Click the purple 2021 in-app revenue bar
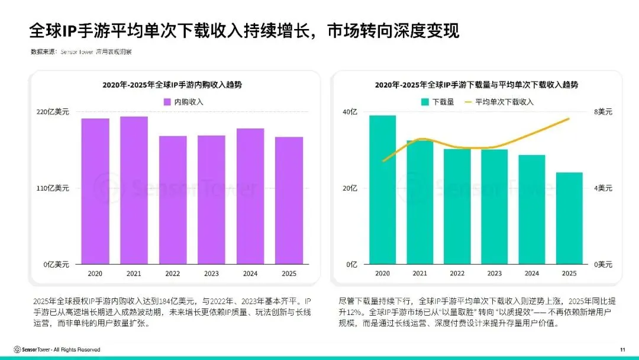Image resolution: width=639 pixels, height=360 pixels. (134, 190)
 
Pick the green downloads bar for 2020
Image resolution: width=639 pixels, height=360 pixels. (382, 189)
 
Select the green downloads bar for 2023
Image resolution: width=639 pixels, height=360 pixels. (494, 207)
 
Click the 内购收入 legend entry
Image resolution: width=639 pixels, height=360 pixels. (183, 102)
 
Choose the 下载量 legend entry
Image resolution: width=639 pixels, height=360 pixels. (437, 102)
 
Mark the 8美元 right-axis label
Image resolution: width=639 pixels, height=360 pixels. (603, 112)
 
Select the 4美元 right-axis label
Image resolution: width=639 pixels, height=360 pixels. (603, 188)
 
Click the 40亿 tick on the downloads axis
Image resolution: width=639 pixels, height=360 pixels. (351, 112)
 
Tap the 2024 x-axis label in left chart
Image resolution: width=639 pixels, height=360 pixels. (250, 274)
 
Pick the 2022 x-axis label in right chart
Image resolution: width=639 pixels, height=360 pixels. (457, 274)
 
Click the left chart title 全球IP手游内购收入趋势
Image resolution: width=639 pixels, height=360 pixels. (172, 85)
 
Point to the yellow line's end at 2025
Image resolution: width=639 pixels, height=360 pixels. (569, 118)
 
